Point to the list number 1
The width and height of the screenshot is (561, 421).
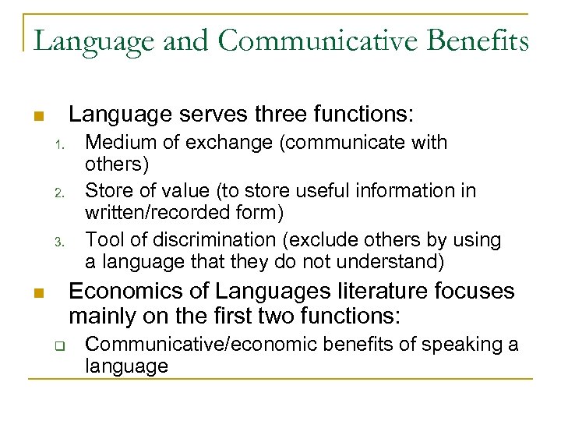click(x=58, y=144)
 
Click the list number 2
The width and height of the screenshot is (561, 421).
click(x=58, y=192)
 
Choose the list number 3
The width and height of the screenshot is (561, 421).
click(x=58, y=241)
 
